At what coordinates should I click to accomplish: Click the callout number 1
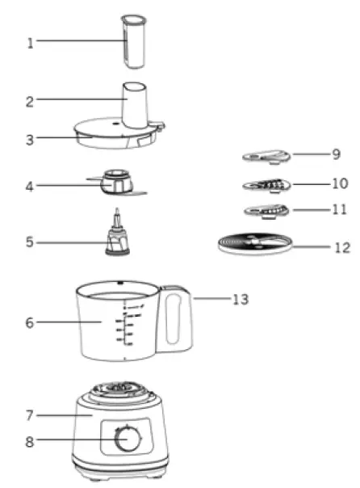tap(31, 42)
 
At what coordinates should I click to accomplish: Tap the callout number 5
tap(31, 241)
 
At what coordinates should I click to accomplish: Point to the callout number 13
tap(240, 299)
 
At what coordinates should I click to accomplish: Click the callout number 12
tap(342, 247)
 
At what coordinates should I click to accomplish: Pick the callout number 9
tap(336, 153)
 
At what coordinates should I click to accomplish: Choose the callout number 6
tap(31, 322)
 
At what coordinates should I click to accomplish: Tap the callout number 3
tap(31, 139)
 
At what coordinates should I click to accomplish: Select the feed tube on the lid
tap(135, 101)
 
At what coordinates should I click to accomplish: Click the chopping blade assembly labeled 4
tap(118, 183)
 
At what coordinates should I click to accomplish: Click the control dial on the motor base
tap(124, 440)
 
